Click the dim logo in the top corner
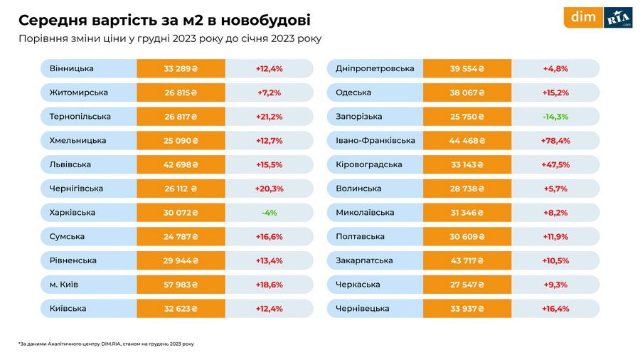tap(583, 17)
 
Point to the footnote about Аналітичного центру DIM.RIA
tap(106, 344)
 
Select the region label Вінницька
tap(72, 68)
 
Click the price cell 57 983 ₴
tap(181, 285)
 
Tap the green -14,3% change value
tap(555, 117)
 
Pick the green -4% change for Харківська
tap(269, 213)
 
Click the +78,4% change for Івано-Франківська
tap(555, 141)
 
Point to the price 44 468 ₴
tap(466, 141)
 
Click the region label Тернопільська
tap(80, 117)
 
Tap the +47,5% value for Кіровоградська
tap(555, 164)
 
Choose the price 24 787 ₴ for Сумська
tap(181, 236)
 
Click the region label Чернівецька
tap(363, 309)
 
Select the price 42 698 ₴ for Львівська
tap(181, 164)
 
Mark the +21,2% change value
tap(269, 117)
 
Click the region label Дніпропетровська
tap(375, 68)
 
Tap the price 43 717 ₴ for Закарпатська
tap(466, 260)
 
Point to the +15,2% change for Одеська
tap(555, 92)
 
